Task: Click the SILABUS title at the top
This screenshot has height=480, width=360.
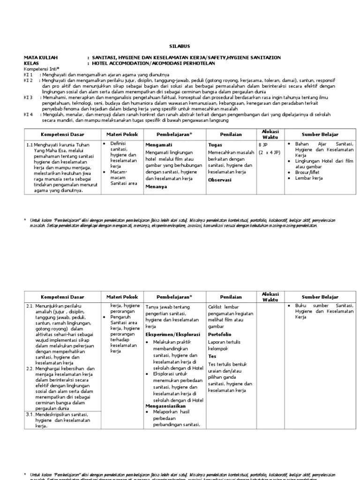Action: click(177, 47)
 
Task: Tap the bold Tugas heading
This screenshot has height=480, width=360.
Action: click(215, 145)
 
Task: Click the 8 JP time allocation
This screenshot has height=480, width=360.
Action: click(263, 145)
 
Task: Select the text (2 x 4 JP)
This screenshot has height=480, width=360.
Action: click(270, 152)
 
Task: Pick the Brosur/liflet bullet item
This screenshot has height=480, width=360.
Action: click(310, 172)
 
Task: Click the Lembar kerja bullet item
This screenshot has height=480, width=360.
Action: click(309, 178)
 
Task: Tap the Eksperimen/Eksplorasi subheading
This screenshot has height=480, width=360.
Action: click(172, 335)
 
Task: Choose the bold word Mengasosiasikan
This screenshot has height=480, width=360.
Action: click(165, 406)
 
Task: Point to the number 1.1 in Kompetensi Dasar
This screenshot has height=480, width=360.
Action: click(29, 145)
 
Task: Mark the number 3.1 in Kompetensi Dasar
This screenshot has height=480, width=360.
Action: click(30, 414)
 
